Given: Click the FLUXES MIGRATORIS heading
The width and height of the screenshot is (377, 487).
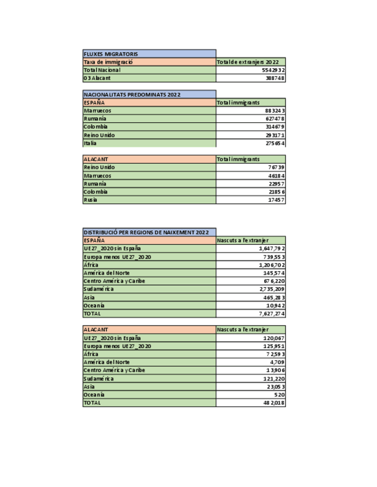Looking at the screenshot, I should [111, 54].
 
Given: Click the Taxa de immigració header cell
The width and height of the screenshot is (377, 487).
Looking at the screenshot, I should [109, 62].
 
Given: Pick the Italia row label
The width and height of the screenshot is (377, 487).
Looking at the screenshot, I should [91, 143].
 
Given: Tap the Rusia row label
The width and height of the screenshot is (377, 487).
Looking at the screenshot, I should [91, 200].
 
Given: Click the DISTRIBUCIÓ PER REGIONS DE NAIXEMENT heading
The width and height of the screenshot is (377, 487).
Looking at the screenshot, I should [146, 232].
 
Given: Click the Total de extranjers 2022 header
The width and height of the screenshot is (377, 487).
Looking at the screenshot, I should [247, 62].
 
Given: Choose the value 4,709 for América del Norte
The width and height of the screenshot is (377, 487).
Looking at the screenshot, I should [277, 362].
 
